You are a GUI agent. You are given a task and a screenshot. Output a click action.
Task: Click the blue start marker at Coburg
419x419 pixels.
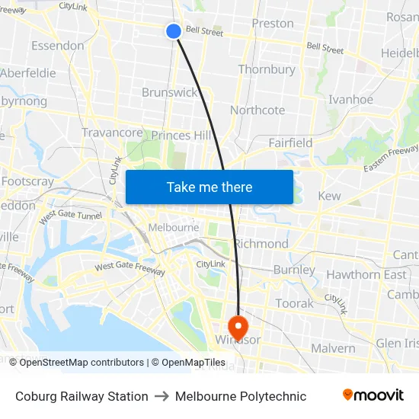[174, 30]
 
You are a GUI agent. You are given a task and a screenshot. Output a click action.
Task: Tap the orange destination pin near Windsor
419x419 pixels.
[238, 328]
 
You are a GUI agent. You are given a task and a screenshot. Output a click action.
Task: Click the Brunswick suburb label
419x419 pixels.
[169, 92]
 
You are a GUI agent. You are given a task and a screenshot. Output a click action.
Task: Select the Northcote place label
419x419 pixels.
[257, 110]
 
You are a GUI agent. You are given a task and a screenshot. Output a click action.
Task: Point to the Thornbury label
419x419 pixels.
[267, 69]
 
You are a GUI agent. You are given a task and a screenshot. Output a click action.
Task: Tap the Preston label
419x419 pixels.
[273, 23]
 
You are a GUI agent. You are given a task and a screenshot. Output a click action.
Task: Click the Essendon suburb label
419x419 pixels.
[58, 46]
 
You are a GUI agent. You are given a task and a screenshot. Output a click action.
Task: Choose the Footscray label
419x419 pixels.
[27, 181]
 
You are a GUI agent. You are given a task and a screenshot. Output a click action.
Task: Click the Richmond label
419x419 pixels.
[261, 244]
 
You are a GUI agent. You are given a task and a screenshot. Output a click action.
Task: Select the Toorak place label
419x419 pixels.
[294, 303]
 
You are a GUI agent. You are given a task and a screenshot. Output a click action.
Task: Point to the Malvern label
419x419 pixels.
[333, 348]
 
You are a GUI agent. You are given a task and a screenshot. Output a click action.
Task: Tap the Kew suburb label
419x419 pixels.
[329, 196]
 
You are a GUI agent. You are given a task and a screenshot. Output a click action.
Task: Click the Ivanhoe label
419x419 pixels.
[350, 100]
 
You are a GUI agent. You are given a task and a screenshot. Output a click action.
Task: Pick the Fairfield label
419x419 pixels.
[290, 142]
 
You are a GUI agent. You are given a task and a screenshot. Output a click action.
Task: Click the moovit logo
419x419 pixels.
[373, 395]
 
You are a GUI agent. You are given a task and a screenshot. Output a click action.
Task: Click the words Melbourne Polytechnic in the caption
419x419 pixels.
[241, 396]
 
